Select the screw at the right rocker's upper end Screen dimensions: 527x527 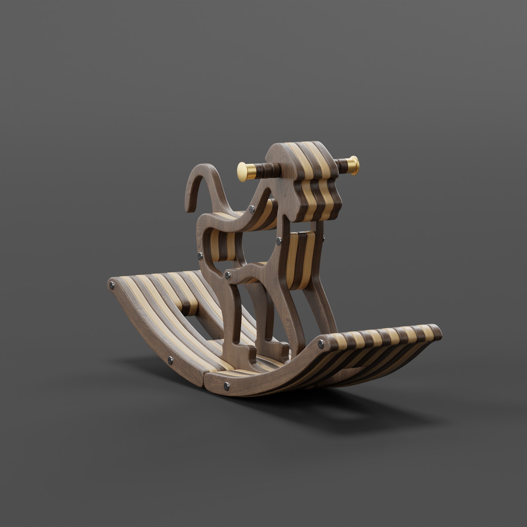(321, 344)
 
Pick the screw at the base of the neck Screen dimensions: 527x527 (252, 209)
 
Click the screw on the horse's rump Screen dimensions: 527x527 (200, 256)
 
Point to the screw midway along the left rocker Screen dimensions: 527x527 (171, 361)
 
